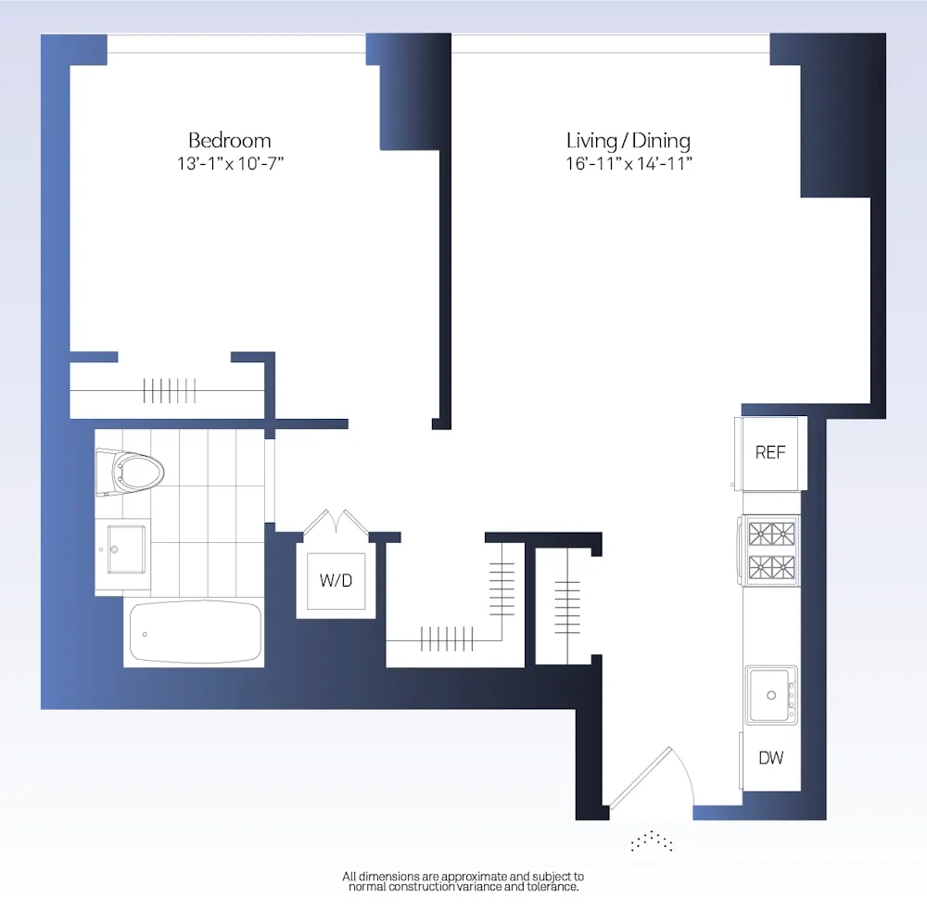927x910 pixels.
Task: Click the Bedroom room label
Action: (229, 141)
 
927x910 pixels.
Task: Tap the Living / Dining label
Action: (628, 141)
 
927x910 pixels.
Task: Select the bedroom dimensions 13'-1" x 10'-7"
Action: (229, 164)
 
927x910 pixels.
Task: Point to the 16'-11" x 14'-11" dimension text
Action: (628, 164)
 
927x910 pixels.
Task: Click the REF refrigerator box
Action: (770, 453)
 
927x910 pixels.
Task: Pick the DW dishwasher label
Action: (770, 758)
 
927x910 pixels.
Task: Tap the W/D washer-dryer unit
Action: (336, 581)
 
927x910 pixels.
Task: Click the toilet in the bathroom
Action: (133, 473)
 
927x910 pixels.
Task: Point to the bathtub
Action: (194, 632)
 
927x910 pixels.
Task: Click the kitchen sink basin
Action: (770, 693)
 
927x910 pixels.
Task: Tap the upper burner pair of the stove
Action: (772, 535)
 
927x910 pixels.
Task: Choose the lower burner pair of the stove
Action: (772, 567)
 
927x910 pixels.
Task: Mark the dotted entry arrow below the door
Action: (651, 841)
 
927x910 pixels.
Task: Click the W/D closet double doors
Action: (335, 521)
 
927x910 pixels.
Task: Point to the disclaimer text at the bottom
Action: (463, 881)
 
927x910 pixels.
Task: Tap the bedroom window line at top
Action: (235, 44)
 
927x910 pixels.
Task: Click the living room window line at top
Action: (610, 44)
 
